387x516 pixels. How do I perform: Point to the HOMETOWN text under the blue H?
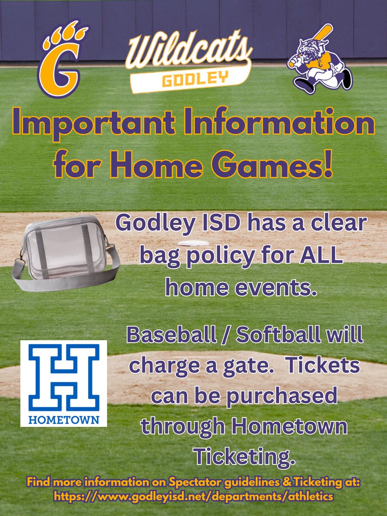click(x=64, y=419)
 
